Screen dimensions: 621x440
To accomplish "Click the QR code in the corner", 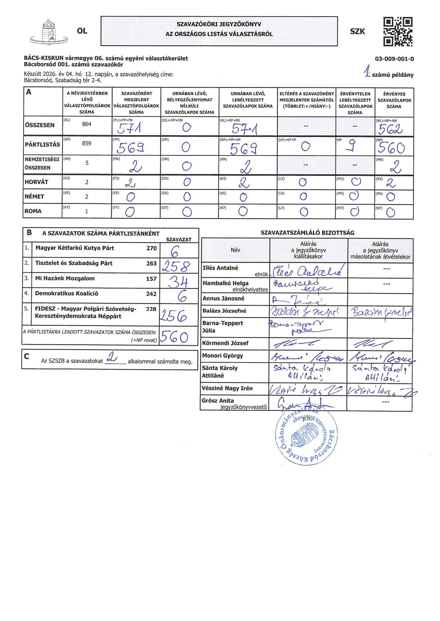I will tap(397, 31).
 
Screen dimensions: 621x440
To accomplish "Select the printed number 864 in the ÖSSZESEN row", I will tap(87, 124).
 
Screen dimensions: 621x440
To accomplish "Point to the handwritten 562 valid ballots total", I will tap(391, 129).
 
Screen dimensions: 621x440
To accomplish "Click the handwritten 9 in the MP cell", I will tap(352, 147).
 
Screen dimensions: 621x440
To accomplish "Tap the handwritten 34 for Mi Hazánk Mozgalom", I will tap(178, 282).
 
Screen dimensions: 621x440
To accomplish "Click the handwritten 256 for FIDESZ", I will tap(174, 316).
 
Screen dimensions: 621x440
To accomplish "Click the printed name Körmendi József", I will tap(225, 343).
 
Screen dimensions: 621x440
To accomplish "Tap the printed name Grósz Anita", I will tap(218, 401).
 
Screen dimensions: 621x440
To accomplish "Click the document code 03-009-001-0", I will tap(394, 59).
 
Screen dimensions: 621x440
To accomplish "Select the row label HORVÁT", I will tap(37, 182).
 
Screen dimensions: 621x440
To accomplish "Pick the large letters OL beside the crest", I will tap(82, 31).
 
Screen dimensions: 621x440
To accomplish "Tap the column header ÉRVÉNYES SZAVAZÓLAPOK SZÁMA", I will tap(394, 100).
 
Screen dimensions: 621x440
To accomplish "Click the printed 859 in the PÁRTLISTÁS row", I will tap(87, 143).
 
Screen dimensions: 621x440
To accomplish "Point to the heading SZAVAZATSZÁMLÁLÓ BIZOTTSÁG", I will tap(307, 233).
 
